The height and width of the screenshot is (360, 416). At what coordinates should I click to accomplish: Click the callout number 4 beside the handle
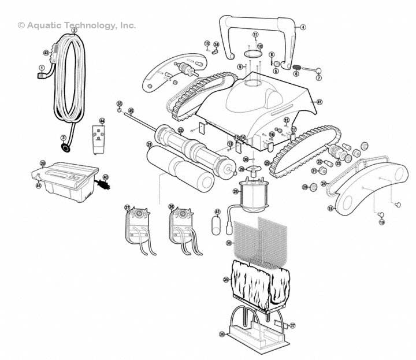click(x=303, y=27)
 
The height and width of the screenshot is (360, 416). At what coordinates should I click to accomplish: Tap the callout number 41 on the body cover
click(x=319, y=102)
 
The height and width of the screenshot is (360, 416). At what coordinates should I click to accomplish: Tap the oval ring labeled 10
click(x=252, y=54)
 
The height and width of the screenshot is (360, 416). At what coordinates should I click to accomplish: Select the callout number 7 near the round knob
click(x=318, y=78)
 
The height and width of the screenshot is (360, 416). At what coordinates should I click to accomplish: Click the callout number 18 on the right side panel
click(x=330, y=208)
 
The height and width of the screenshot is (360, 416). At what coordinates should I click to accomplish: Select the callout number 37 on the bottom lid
click(x=292, y=326)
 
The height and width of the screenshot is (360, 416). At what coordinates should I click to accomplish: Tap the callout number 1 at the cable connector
click(x=41, y=68)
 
